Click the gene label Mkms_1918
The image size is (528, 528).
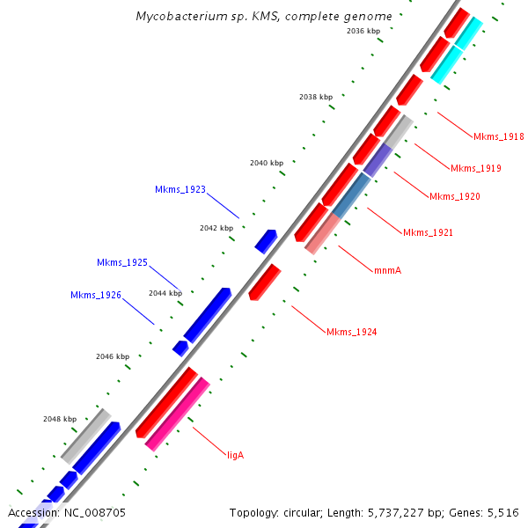point(498,136)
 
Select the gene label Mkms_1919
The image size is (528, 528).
point(475,168)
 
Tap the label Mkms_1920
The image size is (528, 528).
point(454,196)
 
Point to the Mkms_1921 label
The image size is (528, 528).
point(428,232)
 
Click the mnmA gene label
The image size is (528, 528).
point(387,270)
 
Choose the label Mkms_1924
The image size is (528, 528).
point(351,332)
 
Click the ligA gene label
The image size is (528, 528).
point(235,455)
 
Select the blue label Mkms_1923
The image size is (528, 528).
point(180,189)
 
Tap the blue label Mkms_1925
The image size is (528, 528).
point(122,262)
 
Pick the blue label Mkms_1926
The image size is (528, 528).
point(96,295)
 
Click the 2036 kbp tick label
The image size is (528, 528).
point(363,31)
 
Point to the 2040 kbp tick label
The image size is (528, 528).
point(267,163)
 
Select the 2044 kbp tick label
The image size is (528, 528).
point(165,293)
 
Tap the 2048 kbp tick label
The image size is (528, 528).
point(60,419)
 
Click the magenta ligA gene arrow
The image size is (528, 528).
point(177,414)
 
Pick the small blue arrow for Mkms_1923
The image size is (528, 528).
point(266,240)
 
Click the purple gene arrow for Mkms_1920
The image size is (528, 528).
point(378,159)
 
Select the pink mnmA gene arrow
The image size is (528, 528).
point(322,234)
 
